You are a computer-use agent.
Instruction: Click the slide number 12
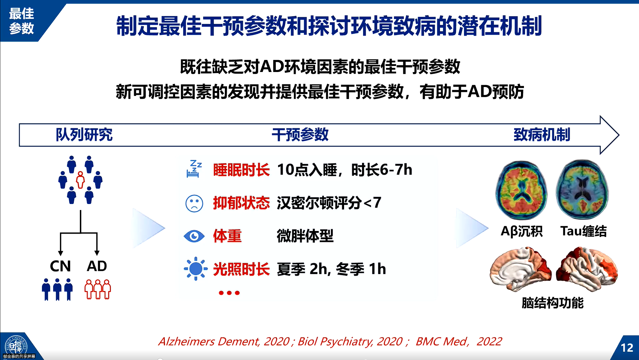pyautogui.click(x=627, y=348)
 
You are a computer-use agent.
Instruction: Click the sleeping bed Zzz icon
pyautogui.click(x=194, y=169)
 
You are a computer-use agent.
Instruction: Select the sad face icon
pyautogui.click(x=194, y=203)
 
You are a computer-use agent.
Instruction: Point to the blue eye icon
pyautogui.click(x=194, y=236)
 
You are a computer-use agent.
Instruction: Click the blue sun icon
pyautogui.click(x=195, y=268)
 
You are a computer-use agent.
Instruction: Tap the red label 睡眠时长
pyautogui.click(x=241, y=170)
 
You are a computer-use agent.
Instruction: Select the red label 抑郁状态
pyautogui.click(x=241, y=203)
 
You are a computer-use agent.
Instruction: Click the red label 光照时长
pyautogui.click(x=241, y=269)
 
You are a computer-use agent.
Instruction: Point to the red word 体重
pyautogui.click(x=227, y=236)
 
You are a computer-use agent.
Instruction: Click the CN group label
pyautogui.click(x=60, y=266)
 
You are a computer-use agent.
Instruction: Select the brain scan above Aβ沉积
pyautogui.click(x=522, y=190)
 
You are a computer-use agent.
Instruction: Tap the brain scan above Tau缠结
pyautogui.click(x=582, y=189)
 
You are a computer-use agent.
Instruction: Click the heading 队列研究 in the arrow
pyautogui.click(x=84, y=135)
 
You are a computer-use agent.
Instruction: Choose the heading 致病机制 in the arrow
pyautogui.click(x=542, y=135)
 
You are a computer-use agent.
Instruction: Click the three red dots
pyautogui.click(x=229, y=293)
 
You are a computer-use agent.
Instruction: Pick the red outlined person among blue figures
pyautogui.click(x=81, y=180)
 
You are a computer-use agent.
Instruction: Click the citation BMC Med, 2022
pyautogui.click(x=458, y=342)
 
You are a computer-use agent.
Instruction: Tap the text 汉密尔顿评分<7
pyautogui.click(x=329, y=203)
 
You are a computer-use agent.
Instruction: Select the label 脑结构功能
pyautogui.click(x=552, y=303)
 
